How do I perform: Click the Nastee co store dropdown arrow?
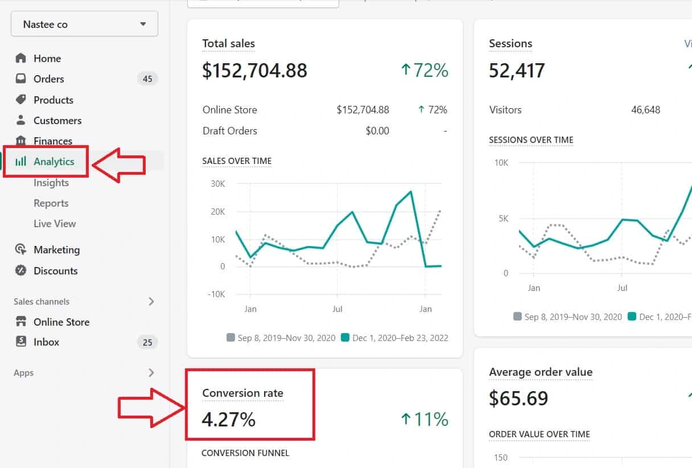[x=143, y=24]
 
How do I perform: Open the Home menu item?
[x=47, y=59]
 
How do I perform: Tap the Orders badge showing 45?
[x=147, y=79]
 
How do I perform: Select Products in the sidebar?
[x=53, y=100]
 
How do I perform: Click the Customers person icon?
[x=20, y=120]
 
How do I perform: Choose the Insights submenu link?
[x=51, y=183]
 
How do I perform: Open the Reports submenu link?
[x=51, y=203]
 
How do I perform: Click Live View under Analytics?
[x=55, y=224]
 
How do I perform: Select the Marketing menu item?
[x=57, y=249]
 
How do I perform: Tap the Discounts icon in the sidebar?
[x=20, y=270]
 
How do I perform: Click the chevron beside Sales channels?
[x=151, y=301]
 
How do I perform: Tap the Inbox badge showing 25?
[x=147, y=342]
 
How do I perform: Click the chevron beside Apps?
[x=151, y=372]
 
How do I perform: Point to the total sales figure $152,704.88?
[x=254, y=71]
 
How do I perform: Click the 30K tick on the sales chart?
[x=218, y=184]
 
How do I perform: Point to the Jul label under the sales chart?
[x=337, y=309]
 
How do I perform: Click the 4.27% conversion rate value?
[x=229, y=420]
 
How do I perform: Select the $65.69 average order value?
[x=518, y=398]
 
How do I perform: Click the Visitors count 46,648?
[x=646, y=110]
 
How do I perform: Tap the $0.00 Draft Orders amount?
[x=377, y=131]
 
